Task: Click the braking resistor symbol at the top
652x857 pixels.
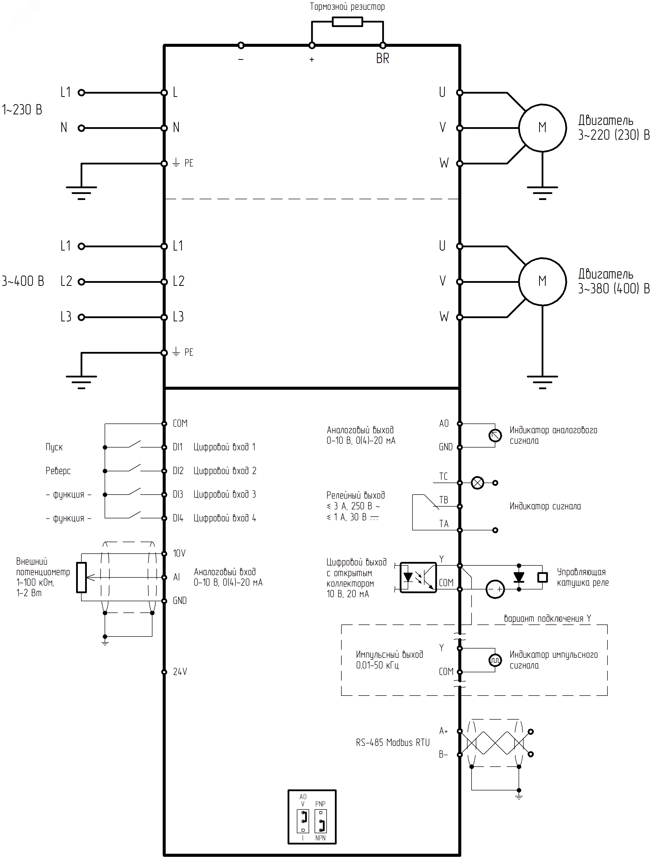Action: (x=347, y=22)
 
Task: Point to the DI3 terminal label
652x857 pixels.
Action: (x=178, y=495)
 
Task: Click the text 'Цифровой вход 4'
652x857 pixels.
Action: (x=225, y=518)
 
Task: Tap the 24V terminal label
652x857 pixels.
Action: (x=180, y=672)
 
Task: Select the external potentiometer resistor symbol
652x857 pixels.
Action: (x=82, y=577)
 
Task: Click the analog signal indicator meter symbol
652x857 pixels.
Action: (x=495, y=436)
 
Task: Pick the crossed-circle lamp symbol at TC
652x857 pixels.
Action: (x=477, y=483)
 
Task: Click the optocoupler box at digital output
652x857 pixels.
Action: (x=418, y=577)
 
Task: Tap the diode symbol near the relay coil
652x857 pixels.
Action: (x=519, y=577)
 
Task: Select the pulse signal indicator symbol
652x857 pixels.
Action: (x=495, y=660)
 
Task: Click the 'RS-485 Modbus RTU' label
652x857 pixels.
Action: (x=392, y=743)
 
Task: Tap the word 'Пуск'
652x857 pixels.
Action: (x=54, y=447)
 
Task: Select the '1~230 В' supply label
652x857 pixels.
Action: (x=22, y=110)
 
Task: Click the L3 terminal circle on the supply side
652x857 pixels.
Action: (x=81, y=317)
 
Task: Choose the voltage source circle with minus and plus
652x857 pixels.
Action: (x=495, y=589)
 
